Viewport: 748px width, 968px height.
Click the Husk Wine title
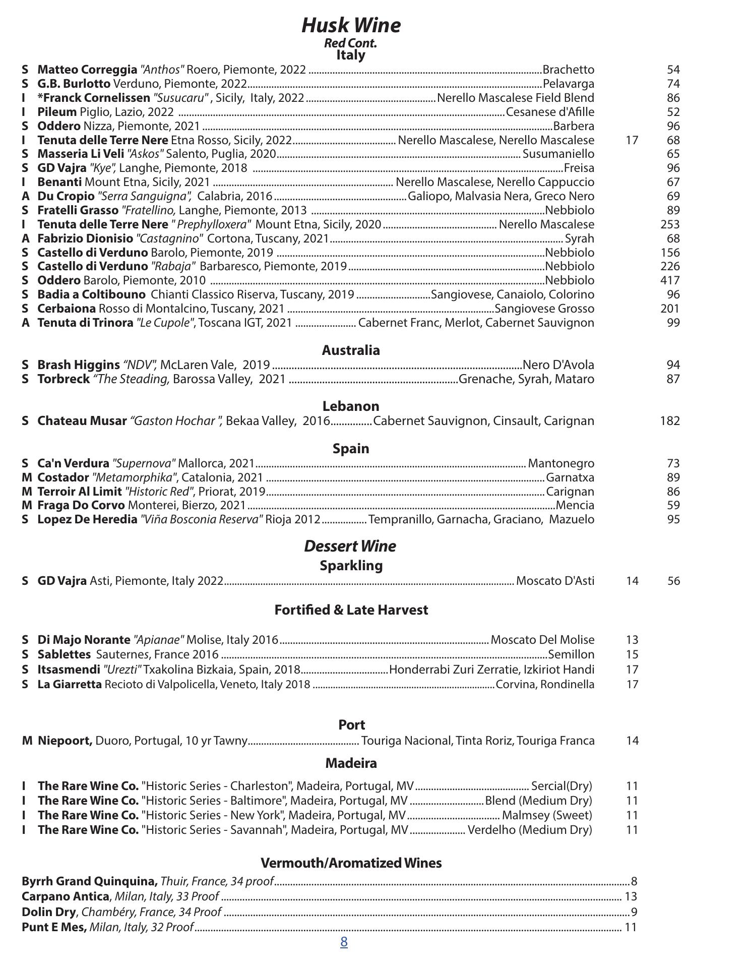tap(351, 25)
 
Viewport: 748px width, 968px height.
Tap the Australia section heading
tap(351, 350)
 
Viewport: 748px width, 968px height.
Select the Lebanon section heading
tap(351, 406)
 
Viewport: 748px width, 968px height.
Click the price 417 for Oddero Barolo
tap(670, 280)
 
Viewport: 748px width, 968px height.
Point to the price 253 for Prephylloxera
tap(670, 224)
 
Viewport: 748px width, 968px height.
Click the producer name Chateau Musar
tap(82, 420)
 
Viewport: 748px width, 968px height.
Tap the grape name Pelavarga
tap(568, 84)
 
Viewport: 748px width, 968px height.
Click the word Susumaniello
tap(558, 154)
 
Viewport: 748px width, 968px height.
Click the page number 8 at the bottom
tap(344, 942)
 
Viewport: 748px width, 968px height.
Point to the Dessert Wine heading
tap(350, 546)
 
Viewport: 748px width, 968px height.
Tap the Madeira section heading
tap(351, 763)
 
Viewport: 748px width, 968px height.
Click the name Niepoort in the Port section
tap(65, 741)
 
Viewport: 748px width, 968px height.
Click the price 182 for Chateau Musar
tap(670, 420)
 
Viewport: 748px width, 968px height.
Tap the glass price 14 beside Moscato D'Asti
tap(632, 581)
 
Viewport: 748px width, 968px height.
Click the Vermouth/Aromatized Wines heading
tap(351, 863)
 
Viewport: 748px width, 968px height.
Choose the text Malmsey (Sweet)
tap(547, 815)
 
